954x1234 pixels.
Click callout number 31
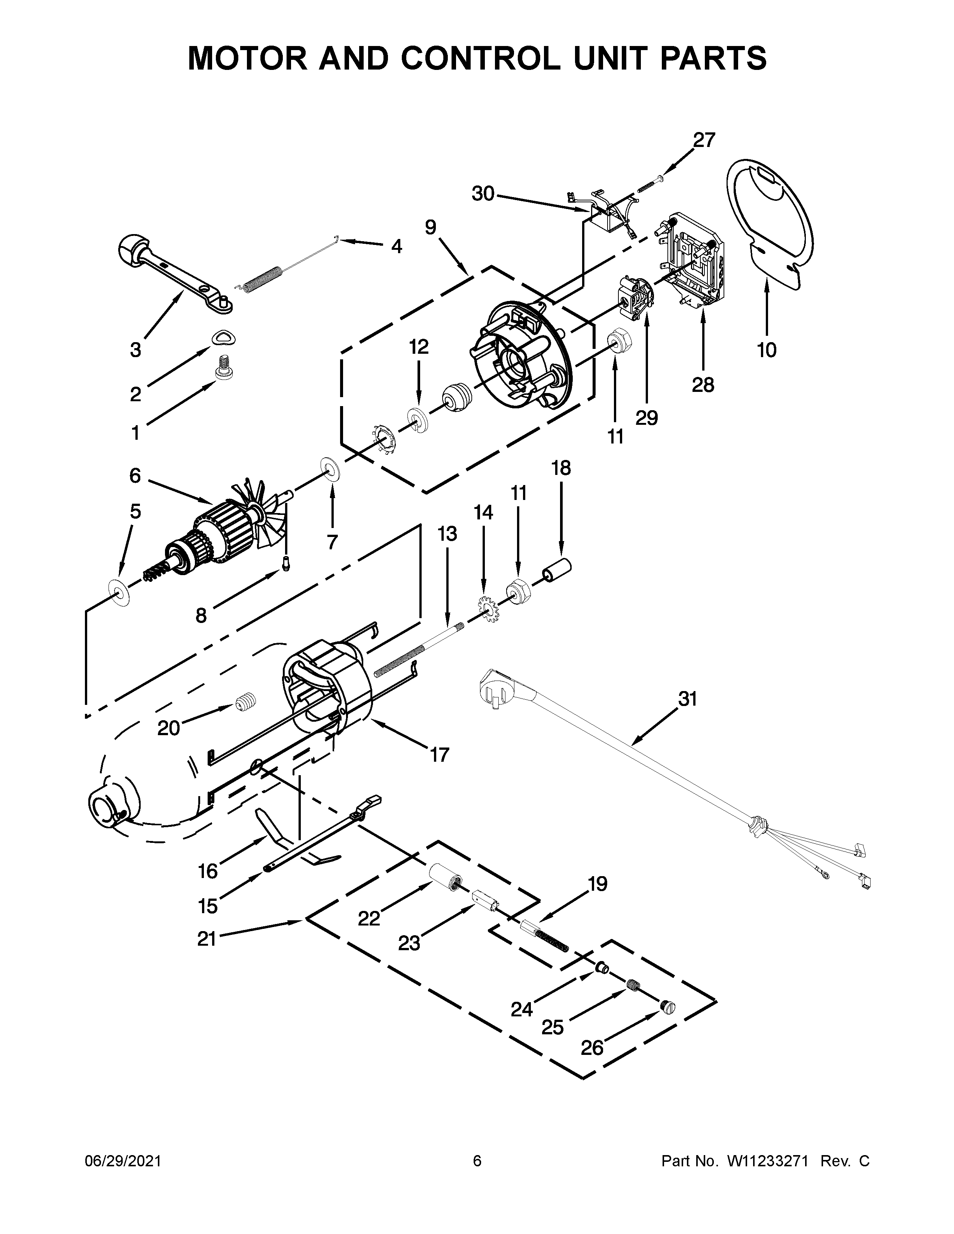point(688,699)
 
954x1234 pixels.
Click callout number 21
point(207,939)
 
